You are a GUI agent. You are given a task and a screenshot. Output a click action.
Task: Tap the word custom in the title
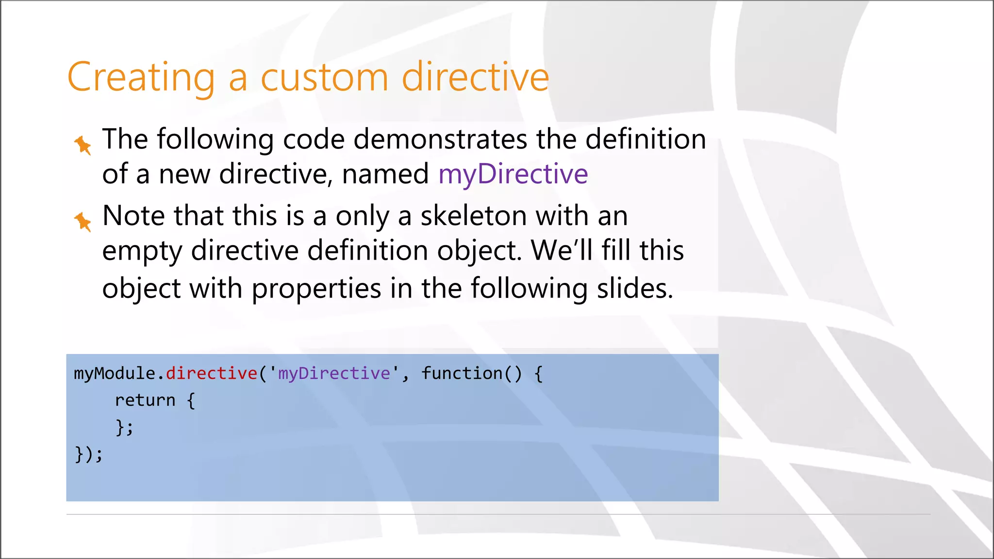[x=324, y=78]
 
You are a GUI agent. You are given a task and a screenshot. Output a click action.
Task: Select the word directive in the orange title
[x=475, y=78]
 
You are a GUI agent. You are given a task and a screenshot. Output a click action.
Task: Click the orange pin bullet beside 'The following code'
[x=83, y=145]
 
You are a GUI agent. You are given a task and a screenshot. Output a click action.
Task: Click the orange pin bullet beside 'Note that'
[x=83, y=221]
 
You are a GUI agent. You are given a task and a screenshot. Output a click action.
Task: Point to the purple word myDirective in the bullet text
[x=513, y=174]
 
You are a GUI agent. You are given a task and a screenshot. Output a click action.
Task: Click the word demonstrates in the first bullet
[x=440, y=139]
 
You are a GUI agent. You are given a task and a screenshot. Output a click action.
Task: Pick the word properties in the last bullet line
[x=316, y=288]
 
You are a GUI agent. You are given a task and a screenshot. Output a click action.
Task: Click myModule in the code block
[x=115, y=373]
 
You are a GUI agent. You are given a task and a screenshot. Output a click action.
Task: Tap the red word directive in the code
[x=212, y=373]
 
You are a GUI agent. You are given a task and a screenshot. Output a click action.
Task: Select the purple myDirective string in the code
[x=334, y=373]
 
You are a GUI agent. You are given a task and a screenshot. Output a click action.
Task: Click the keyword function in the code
[x=462, y=373]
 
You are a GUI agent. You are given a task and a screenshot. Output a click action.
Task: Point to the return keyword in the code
[x=145, y=400]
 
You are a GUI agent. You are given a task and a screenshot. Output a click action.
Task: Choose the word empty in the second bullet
[x=142, y=250]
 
